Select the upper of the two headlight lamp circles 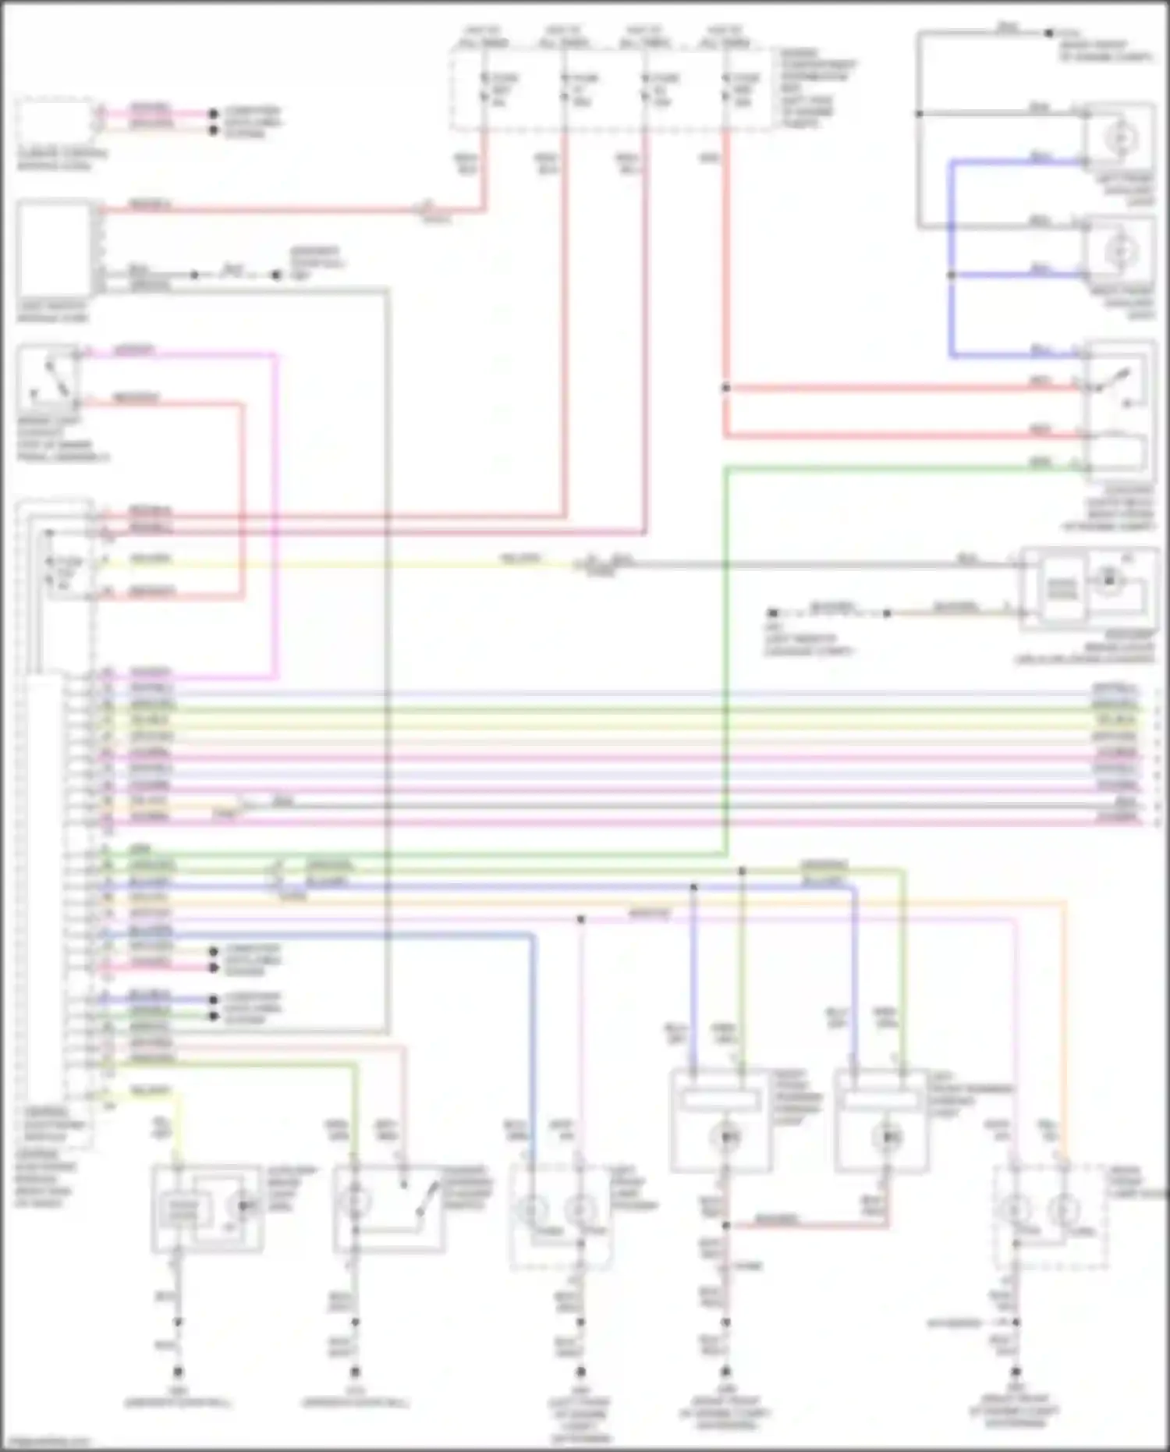coord(1121,139)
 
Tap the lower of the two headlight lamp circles coord(1121,252)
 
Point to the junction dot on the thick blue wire coord(951,275)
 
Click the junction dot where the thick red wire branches coord(725,388)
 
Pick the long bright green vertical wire coord(725,663)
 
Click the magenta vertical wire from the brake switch coord(275,515)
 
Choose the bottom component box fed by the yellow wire coord(207,1208)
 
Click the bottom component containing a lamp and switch coord(388,1208)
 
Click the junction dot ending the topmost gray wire coord(1049,33)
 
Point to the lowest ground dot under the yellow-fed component coord(178,1371)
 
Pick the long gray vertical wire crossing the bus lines coord(387,663)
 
